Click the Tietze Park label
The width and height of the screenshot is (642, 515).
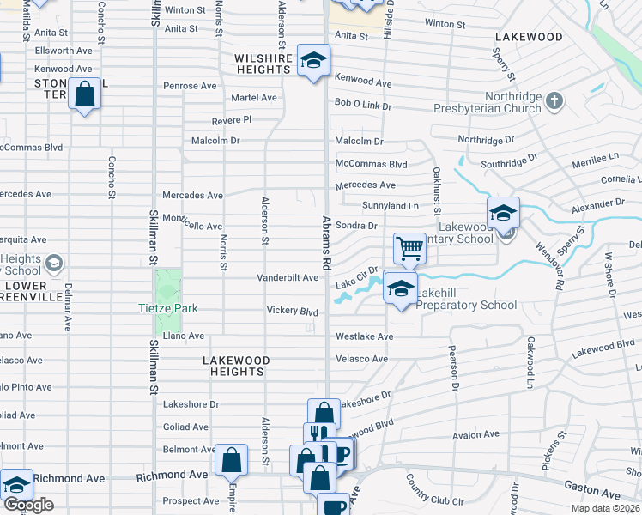click(x=168, y=308)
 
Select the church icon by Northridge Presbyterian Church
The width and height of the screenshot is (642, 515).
click(x=554, y=101)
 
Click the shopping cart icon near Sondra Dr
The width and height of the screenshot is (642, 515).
click(x=410, y=248)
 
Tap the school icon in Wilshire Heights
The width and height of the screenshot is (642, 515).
click(x=314, y=60)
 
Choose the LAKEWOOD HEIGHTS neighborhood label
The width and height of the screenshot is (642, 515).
click(x=236, y=366)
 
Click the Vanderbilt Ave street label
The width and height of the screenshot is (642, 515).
click(x=288, y=278)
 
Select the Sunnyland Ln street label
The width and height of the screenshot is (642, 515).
click(x=391, y=206)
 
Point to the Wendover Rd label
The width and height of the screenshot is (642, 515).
click(x=544, y=266)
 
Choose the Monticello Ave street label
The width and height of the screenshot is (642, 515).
click(x=192, y=222)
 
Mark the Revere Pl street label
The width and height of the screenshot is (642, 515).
click(x=234, y=119)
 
